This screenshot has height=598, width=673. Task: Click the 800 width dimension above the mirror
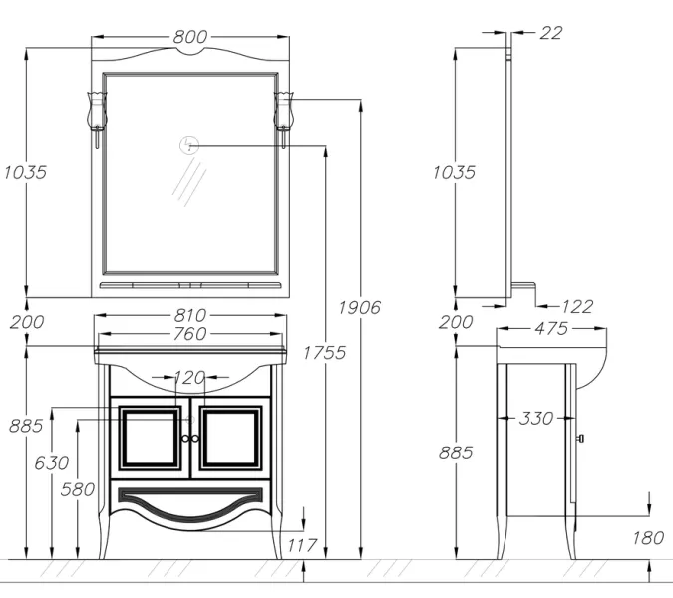point(190,37)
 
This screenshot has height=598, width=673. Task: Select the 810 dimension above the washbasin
point(190,317)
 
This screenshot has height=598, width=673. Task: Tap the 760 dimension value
point(190,335)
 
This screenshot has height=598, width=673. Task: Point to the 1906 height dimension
point(359,307)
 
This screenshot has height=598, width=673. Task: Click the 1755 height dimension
point(325,352)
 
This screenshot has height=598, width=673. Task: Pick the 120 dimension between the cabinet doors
point(189,378)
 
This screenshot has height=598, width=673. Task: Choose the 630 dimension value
point(52,463)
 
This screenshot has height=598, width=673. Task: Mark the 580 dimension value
point(78,489)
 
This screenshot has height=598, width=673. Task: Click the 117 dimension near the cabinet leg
point(301,545)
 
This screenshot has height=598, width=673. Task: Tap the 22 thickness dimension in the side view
point(551,33)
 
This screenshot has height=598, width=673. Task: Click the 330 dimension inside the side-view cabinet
point(535,418)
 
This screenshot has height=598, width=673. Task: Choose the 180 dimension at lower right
point(648,538)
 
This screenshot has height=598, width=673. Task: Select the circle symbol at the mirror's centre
point(188,146)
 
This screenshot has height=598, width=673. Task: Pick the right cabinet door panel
point(231,439)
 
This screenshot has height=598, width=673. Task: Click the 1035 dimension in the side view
point(454,172)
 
